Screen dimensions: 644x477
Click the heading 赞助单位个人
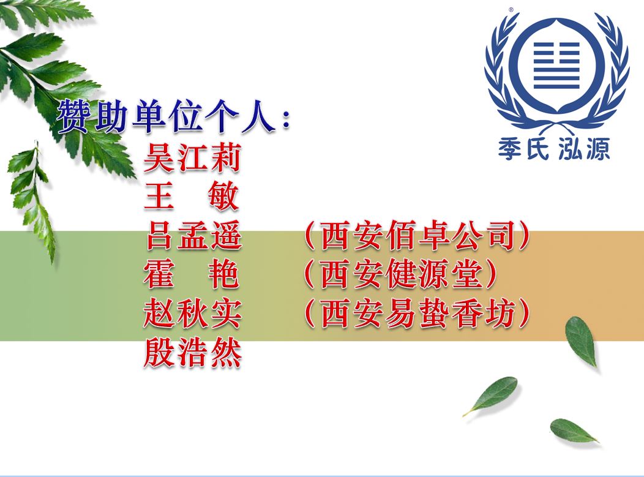(x=167, y=117)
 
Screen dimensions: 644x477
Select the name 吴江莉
(x=192, y=158)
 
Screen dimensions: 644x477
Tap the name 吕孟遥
(x=193, y=235)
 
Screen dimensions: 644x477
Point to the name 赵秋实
(x=192, y=314)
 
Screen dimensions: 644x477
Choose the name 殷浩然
(x=192, y=353)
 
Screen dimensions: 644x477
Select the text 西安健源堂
(x=401, y=274)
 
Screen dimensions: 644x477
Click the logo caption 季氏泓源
(x=554, y=149)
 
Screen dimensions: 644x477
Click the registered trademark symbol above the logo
(x=511, y=9)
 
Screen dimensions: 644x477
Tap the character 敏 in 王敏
(x=223, y=197)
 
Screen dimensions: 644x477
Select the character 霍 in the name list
(x=159, y=274)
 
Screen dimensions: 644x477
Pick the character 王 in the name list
(x=159, y=197)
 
